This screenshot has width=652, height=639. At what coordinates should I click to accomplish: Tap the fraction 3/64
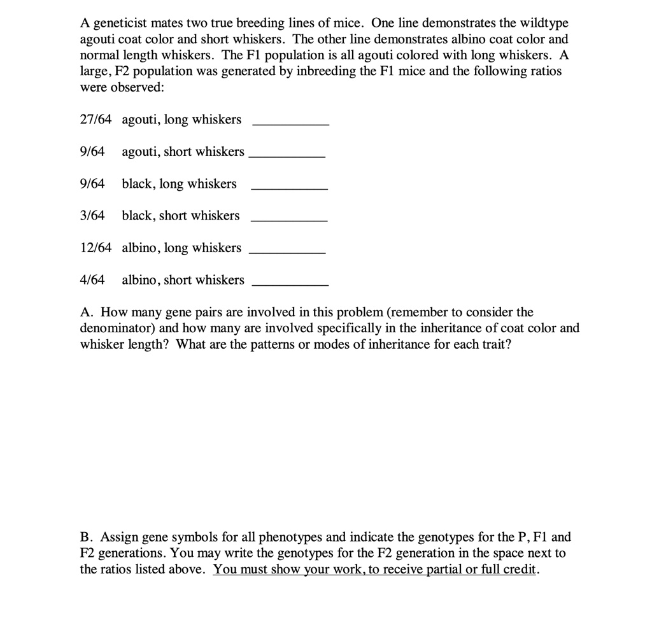tap(92, 216)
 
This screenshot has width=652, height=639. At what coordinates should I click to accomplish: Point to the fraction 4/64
tap(92, 280)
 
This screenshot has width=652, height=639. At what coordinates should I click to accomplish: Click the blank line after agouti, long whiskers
tap(291, 124)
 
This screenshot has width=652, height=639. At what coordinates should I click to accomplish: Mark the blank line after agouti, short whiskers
tap(287, 156)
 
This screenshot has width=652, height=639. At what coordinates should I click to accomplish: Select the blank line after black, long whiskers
tap(290, 188)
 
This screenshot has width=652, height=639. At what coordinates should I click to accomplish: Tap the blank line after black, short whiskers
tap(290, 220)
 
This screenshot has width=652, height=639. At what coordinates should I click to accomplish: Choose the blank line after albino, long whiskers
tap(287, 253)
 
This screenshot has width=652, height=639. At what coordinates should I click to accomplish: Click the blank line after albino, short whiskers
tap(290, 284)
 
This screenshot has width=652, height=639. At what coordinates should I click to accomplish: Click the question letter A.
tap(87, 312)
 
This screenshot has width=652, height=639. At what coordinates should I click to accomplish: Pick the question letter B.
tap(86, 537)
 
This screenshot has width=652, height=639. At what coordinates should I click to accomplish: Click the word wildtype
tap(545, 24)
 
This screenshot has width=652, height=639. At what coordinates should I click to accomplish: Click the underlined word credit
tap(520, 569)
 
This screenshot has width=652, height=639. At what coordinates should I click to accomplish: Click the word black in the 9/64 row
tap(138, 184)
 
